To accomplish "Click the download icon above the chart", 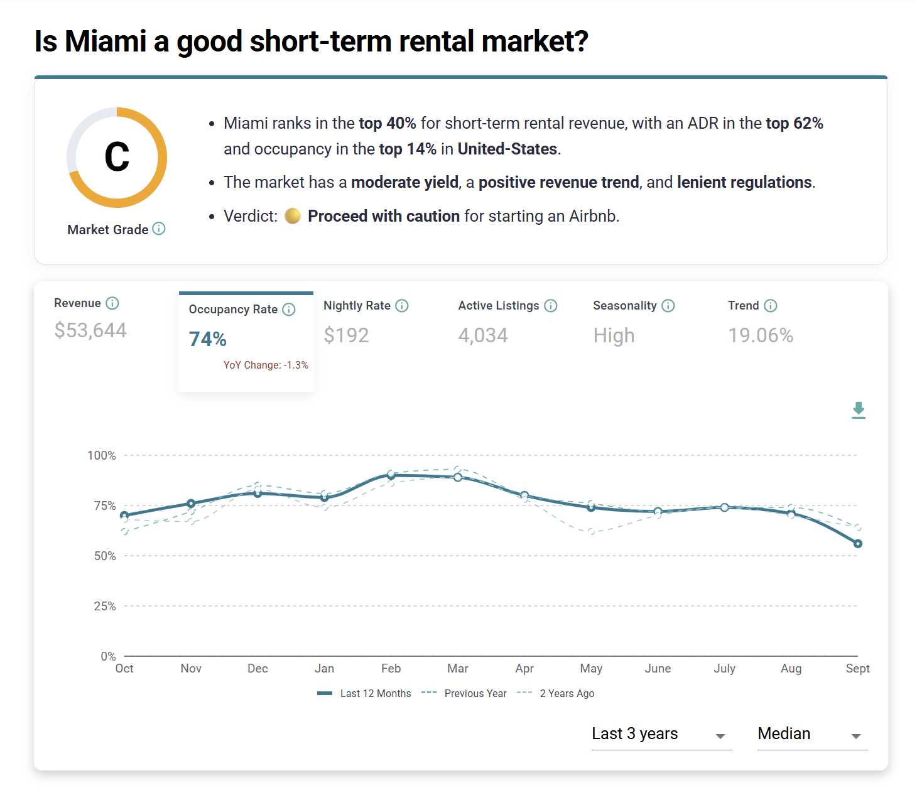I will pos(859,410).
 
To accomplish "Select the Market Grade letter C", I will pos(117,157).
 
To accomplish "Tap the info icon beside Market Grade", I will pos(160,229).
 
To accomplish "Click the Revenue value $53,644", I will pos(90,330).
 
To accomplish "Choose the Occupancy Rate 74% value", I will pos(207,339).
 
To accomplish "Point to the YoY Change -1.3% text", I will pos(266,365).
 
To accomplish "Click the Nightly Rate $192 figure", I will pos(346,335).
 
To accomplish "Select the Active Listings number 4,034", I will pos(483,335).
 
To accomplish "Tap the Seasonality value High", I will pos(614,335).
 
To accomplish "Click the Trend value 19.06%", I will pos(761,335).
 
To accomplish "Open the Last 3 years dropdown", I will pos(661,734).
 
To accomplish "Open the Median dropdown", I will pos(811,734).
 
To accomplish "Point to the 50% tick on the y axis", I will pos(105,556).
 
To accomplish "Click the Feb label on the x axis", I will pos(391,668).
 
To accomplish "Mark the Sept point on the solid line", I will pos(858,544).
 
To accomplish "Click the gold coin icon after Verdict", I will pos(293,216).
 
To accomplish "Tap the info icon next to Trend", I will pos(771,306).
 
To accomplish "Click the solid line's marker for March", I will pos(458,477).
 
